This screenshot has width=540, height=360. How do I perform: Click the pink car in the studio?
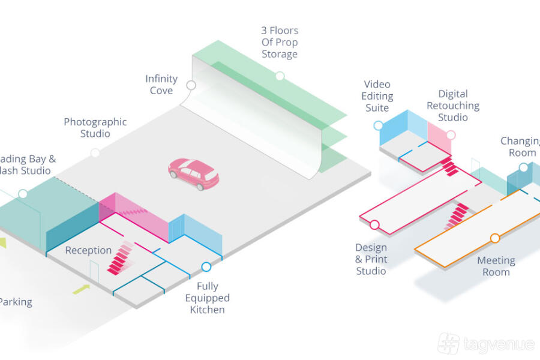194,173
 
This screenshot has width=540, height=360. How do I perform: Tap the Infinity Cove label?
161,85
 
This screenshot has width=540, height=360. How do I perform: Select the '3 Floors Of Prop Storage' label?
280,42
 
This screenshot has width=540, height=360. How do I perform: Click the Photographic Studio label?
95,127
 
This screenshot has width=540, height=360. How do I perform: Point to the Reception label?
88,250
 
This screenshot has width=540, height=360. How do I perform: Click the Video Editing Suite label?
377,96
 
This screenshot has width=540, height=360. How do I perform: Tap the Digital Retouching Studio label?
453,106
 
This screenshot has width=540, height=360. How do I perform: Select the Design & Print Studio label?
371,259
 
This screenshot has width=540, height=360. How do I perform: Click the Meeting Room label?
496,266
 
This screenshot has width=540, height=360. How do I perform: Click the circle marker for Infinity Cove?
191,85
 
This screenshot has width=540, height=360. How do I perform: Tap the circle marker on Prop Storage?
280,76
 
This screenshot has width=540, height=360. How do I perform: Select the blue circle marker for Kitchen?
206,266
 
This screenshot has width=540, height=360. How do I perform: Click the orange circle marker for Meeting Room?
495,238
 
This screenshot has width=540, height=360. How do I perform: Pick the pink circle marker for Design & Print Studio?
374,225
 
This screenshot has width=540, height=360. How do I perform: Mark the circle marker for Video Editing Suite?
378,125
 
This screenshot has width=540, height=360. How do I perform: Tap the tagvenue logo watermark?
486,344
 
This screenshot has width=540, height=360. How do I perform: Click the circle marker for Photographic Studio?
95,153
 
